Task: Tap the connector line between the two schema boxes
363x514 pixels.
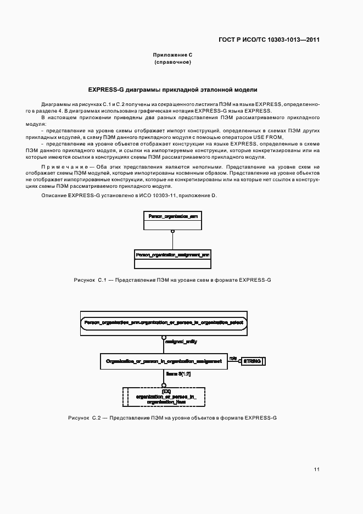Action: pyautogui.click(x=172, y=240)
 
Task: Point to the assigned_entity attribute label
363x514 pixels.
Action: pyautogui.click(x=181, y=342)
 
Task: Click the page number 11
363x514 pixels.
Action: pyautogui.click(x=317, y=469)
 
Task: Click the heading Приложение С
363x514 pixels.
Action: pyautogui.click(x=172, y=55)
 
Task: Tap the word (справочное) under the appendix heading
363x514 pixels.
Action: pyautogui.click(x=172, y=63)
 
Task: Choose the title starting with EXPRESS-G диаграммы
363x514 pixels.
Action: pyautogui.click(x=172, y=89)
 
